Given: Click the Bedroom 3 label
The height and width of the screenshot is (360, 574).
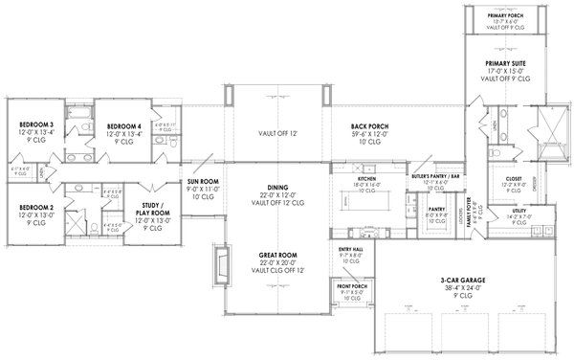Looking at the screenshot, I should pos(35,124).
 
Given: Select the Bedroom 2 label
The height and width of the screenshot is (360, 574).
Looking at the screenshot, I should pos(35,207).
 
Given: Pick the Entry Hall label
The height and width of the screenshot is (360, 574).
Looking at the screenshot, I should pos(350,250).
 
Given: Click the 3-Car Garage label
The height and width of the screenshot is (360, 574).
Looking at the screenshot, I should pos(461,279).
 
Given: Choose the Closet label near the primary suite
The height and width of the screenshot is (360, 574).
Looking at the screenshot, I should pos(513,178).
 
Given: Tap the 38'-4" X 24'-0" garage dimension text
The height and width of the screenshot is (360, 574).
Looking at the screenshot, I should pos(461,287).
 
